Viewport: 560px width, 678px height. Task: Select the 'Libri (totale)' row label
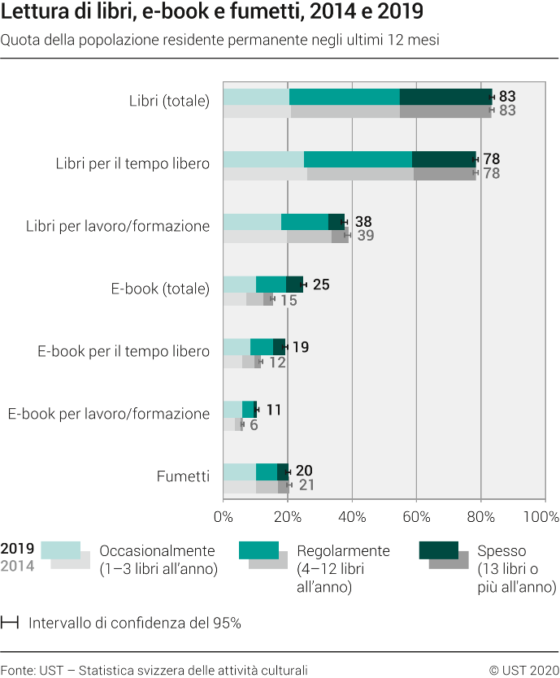coord(169,102)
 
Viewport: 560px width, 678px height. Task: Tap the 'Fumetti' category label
coord(183,476)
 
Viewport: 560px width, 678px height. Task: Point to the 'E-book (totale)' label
coord(160,289)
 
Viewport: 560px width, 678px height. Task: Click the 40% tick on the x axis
coord(351,517)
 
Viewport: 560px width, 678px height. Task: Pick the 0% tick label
coord(223,517)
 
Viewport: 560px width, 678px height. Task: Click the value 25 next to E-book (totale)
coord(321,285)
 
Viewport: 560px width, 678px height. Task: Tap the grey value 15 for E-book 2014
coord(289,300)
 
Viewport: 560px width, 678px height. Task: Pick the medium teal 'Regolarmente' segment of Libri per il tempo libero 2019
coord(358,159)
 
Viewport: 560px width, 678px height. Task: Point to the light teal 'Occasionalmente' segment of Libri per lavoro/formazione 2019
coord(252,222)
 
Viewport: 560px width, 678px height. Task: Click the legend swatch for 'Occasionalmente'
coord(61,550)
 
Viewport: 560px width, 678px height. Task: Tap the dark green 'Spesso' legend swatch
coord(439,550)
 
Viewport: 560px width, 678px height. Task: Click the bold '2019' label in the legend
coord(18,549)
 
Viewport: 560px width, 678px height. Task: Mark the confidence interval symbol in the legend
coord(11,601)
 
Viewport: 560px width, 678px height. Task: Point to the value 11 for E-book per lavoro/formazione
coord(273,410)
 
